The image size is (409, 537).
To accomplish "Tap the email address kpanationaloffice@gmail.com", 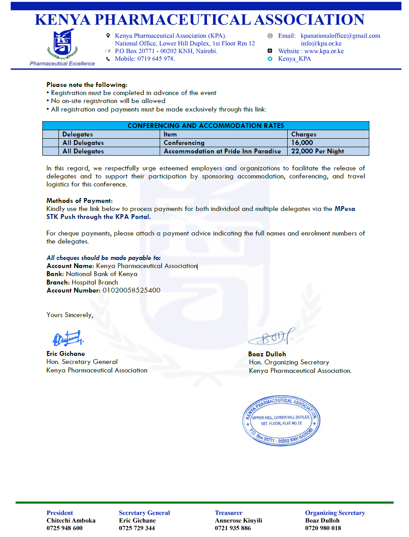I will click(340, 36).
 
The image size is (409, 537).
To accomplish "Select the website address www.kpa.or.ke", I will click(324, 51).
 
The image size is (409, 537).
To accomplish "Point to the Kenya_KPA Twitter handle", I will click(294, 58).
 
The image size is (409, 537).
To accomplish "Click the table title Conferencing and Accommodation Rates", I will click(206, 126).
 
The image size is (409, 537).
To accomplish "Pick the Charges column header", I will click(304, 134).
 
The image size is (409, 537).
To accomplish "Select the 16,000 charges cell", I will click(302, 143).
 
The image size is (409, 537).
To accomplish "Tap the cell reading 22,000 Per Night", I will click(317, 151).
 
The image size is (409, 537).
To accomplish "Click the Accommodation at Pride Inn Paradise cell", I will click(222, 151).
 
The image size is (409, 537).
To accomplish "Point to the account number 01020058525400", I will click(131, 290).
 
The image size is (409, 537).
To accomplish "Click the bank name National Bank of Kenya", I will click(102, 274).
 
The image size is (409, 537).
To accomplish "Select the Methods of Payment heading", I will click(79, 201).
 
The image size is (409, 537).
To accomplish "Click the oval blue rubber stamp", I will click(281, 420).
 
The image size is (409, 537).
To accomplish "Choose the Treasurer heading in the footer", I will click(228, 513).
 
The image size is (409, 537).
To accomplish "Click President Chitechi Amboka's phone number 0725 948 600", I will click(65, 528).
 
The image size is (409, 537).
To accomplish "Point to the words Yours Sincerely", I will click(70, 315).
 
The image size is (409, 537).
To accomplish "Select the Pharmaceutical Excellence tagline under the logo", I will click(62, 63).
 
